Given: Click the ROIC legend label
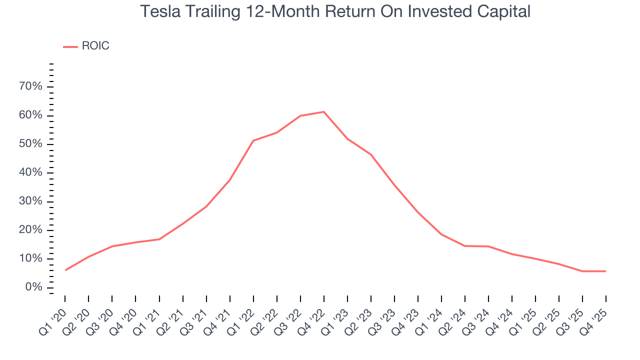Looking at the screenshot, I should (x=95, y=46).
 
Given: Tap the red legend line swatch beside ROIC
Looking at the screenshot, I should (x=70, y=46).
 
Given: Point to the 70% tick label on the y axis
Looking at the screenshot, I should (x=31, y=87).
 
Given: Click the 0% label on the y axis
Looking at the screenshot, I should (x=34, y=287).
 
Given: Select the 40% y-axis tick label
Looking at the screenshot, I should (x=31, y=173).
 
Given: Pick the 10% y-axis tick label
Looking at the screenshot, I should (x=31, y=259).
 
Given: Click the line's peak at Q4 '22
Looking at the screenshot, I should (x=324, y=111).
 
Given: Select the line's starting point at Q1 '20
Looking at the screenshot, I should (x=65, y=270).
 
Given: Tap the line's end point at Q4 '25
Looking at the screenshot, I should (x=606, y=271).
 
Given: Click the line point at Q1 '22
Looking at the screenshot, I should (x=253, y=140).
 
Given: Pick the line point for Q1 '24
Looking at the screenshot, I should (x=441, y=234).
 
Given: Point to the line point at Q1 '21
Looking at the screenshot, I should (x=159, y=239).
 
